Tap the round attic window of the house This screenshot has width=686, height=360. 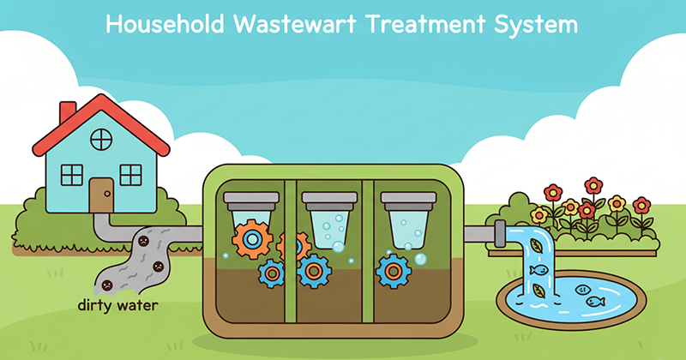coord(100,137)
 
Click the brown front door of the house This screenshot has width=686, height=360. coord(100,194)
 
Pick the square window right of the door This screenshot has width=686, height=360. coord(130,174)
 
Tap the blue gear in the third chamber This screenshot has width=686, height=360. coord(394,270)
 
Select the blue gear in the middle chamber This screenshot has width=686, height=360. coord(315,270)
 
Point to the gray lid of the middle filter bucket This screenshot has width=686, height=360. coord(330,199)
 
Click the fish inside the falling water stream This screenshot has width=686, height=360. coord(538,270)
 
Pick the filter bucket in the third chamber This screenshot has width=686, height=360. coord(409,222)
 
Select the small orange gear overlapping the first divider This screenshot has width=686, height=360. coord(292,246)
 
